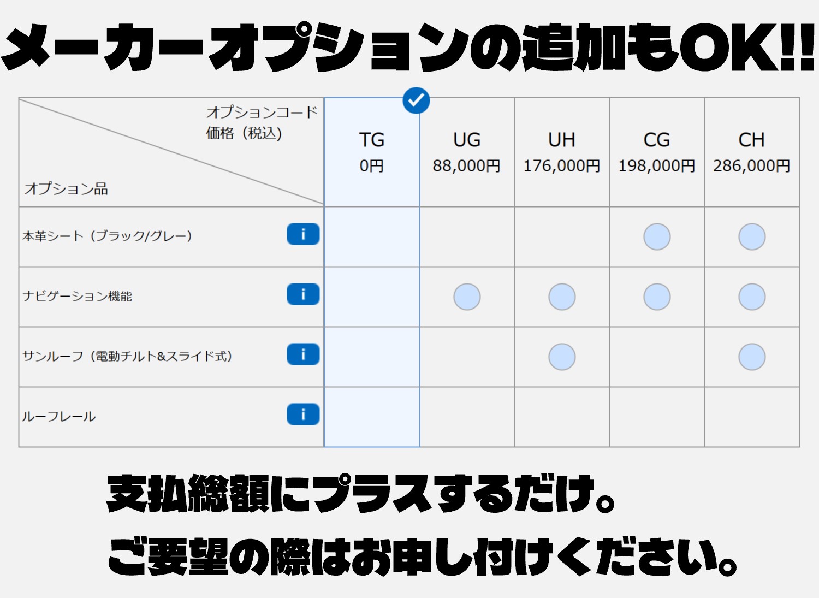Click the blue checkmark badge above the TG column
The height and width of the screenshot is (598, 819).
click(x=416, y=100)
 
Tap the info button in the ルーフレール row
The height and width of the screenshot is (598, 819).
click(x=303, y=415)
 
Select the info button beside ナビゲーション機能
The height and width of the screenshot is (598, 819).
click(x=303, y=294)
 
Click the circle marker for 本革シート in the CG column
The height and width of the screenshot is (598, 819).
click(x=657, y=236)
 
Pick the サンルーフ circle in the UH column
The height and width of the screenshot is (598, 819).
click(x=562, y=357)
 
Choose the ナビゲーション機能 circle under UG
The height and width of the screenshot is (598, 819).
click(x=467, y=297)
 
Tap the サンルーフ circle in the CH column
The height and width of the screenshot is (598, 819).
click(x=752, y=357)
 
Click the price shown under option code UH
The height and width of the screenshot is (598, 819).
click(x=562, y=165)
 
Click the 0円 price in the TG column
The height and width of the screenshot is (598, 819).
click(x=372, y=165)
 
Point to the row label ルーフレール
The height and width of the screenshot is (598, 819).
click(x=59, y=417)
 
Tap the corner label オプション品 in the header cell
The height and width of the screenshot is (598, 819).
click(x=66, y=189)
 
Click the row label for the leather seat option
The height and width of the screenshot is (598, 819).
click(x=107, y=236)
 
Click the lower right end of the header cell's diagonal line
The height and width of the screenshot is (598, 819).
click(x=324, y=204)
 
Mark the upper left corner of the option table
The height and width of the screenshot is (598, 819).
click(x=19, y=98)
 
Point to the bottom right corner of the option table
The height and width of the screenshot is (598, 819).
click(x=800, y=447)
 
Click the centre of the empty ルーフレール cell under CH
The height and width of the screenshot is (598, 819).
click(x=752, y=417)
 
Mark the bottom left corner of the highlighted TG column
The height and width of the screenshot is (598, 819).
click(x=324, y=447)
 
